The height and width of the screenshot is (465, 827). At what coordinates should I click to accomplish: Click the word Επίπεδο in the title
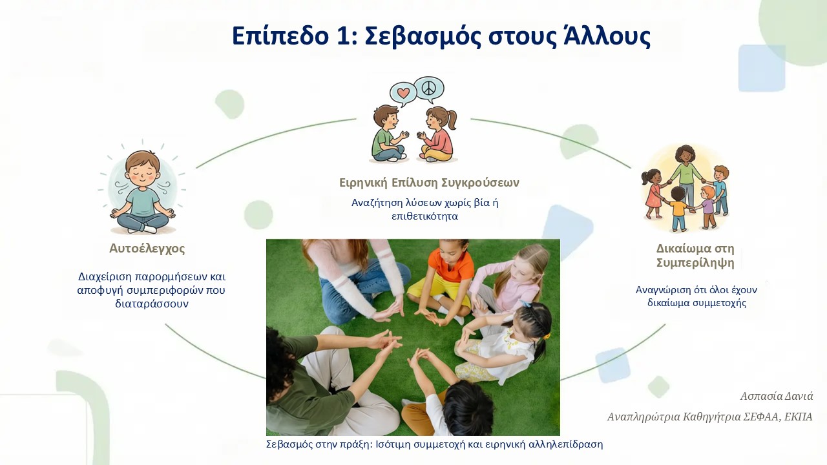[280, 36]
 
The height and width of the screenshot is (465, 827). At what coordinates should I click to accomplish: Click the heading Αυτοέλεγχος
[147, 249]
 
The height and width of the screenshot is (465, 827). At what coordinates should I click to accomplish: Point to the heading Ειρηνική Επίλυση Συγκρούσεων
[429, 183]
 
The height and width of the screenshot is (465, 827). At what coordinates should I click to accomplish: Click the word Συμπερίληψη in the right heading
[695, 263]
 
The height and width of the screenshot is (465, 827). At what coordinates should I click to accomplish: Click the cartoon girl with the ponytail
[438, 134]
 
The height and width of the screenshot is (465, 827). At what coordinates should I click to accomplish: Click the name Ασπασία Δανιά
[776, 396]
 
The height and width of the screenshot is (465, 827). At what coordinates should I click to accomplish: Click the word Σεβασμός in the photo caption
[289, 444]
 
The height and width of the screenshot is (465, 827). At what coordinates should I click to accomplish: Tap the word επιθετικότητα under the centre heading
[424, 216]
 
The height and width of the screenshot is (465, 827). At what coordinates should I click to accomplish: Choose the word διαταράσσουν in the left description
[152, 304]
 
